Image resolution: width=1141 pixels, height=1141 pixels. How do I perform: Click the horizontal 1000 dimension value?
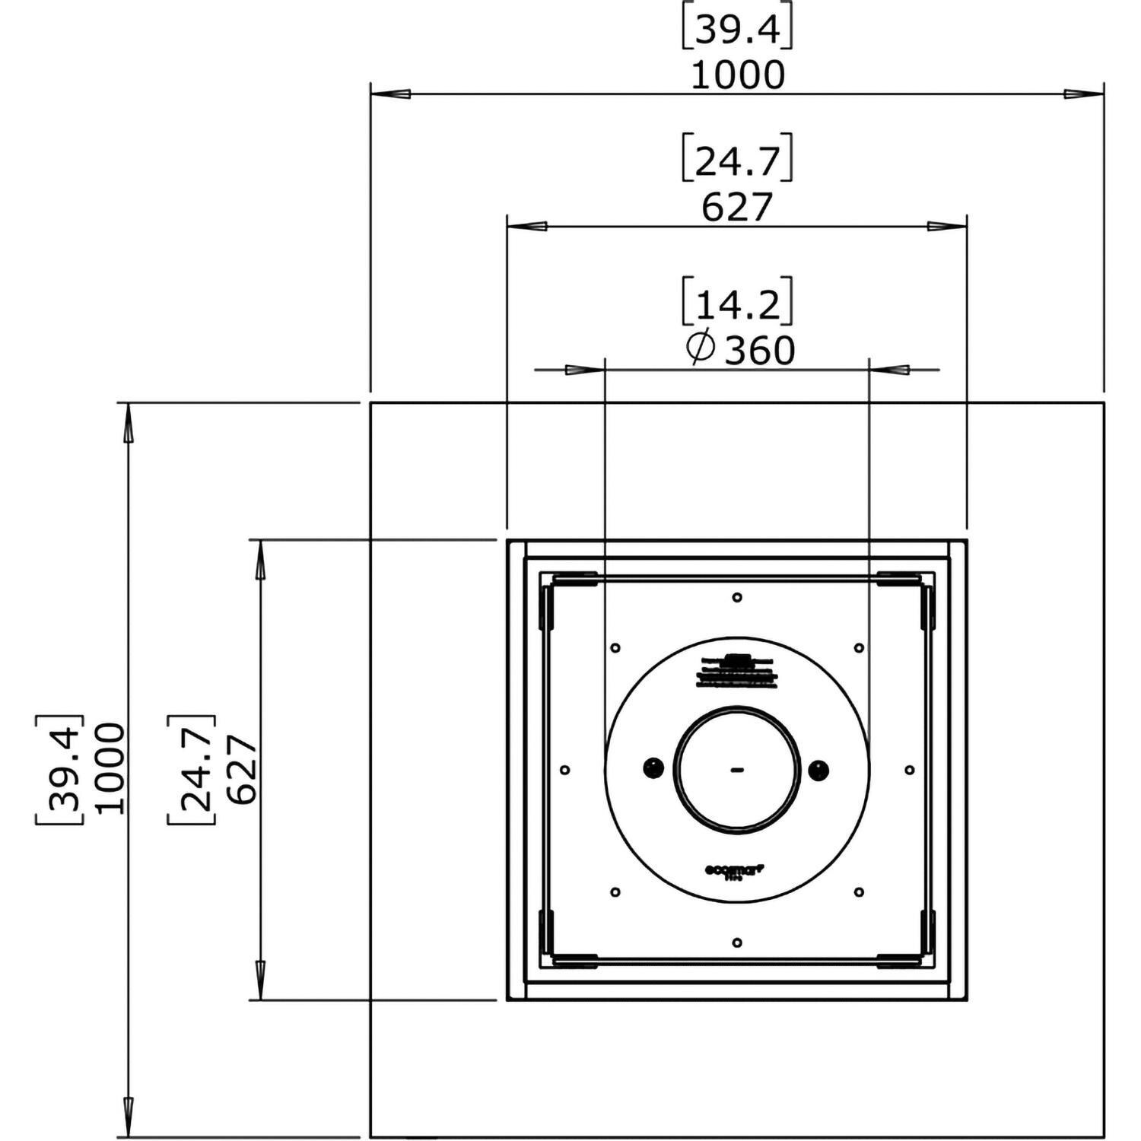click(x=737, y=75)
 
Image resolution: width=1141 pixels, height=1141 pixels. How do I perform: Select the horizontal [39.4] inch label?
click(x=737, y=30)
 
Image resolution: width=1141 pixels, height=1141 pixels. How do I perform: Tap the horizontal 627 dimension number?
click(x=737, y=207)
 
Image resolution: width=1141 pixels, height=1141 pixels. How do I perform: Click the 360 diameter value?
click(x=759, y=351)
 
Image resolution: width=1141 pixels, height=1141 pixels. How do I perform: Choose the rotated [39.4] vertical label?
click(x=59, y=769)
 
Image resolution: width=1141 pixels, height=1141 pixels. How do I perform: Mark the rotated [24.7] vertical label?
click(x=192, y=769)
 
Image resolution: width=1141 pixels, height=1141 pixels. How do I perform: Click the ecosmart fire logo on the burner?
click(x=736, y=869)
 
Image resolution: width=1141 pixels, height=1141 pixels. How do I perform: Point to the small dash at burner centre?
click(x=736, y=770)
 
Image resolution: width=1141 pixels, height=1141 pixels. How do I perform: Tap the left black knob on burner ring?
click(x=653, y=769)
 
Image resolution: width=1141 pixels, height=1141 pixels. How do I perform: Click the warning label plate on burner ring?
click(x=736, y=672)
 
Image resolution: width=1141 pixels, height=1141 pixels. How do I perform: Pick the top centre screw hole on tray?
click(x=737, y=598)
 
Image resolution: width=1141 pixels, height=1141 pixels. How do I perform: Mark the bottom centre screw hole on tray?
click(x=737, y=943)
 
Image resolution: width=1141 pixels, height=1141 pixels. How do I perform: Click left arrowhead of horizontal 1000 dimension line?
click(x=391, y=94)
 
